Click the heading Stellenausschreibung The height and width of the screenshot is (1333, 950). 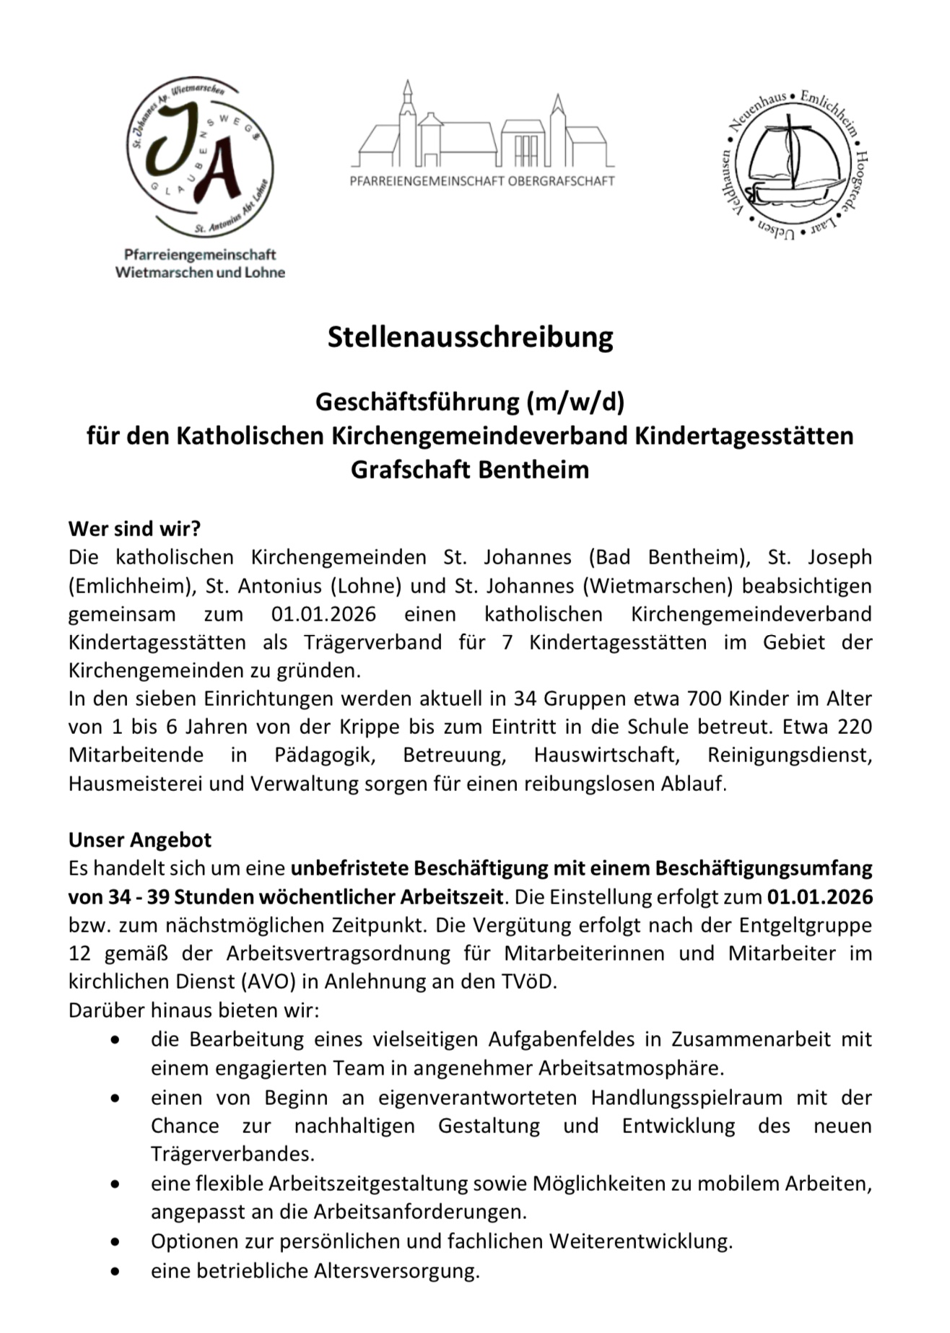click(470, 337)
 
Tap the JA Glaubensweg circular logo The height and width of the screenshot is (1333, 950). click(199, 159)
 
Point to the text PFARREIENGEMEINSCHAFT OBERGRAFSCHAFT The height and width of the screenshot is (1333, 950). click(482, 181)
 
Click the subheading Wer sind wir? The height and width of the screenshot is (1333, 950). click(134, 528)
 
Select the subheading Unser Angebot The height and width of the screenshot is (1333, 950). click(140, 839)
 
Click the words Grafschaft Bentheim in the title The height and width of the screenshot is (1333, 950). click(470, 470)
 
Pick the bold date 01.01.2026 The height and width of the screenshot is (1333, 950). click(820, 896)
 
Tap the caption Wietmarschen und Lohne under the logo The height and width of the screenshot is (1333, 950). click(200, 273)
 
